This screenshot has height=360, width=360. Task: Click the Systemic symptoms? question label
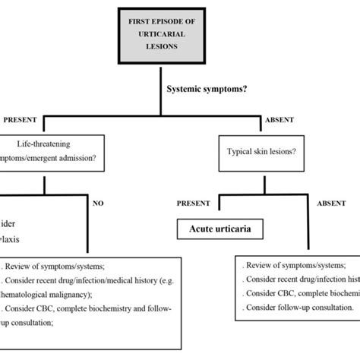208,88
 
